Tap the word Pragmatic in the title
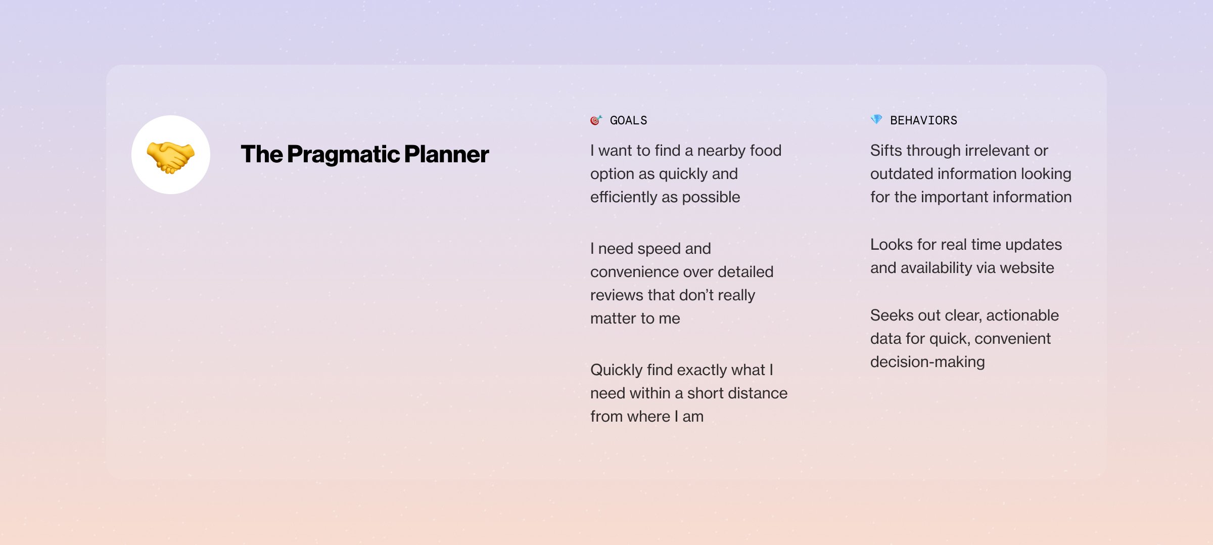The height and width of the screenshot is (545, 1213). coord(344,155)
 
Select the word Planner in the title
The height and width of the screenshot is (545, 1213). coord(447,154)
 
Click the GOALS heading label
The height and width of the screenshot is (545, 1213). coord(628,120)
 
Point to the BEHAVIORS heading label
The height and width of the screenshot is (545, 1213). coord(923,120)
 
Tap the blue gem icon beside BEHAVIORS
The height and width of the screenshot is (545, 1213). coord(876,119)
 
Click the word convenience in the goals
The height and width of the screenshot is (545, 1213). coord(638,272)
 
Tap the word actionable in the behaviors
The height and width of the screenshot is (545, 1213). coord(1022,315)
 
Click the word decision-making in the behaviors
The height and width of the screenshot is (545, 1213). coord(927,362)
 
